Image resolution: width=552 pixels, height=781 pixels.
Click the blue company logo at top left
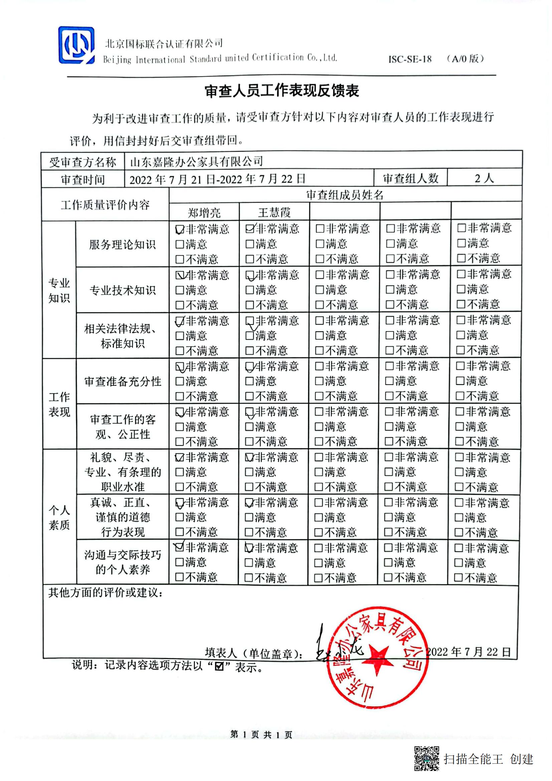76,45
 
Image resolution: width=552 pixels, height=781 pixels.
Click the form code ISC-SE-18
410,59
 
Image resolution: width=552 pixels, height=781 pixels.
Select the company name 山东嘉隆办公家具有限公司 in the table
196,161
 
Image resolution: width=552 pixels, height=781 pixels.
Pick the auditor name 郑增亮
204,213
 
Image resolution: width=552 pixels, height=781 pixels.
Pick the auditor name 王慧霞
274,213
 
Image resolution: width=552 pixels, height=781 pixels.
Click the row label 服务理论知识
122,244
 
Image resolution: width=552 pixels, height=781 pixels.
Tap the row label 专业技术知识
122,290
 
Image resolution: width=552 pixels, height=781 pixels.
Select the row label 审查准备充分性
123,381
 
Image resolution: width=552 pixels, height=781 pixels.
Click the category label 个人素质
59,517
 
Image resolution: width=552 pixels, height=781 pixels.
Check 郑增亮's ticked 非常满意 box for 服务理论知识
180,229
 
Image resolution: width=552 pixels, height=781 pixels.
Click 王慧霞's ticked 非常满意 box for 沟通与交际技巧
249,548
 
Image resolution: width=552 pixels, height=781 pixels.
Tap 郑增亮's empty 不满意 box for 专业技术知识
180,305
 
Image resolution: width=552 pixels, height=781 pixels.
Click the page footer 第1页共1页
261,734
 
